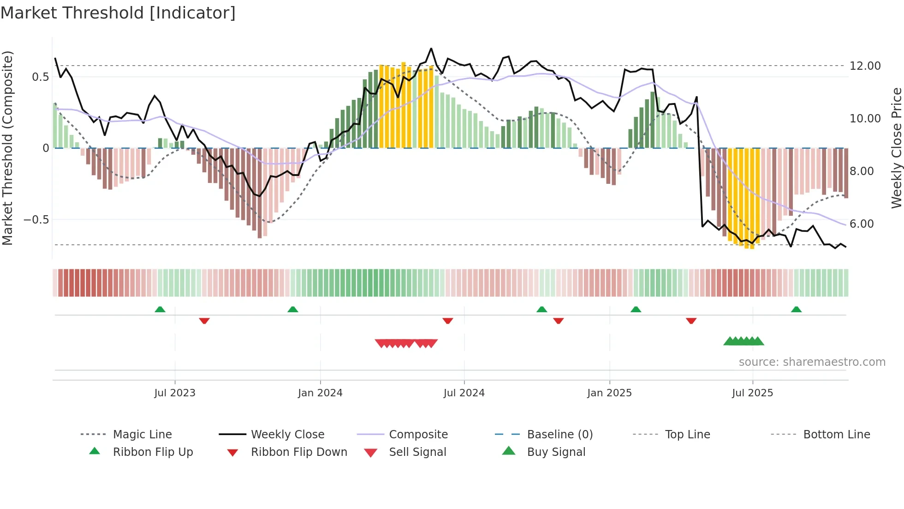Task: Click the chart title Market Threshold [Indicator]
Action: (x=118, y=13)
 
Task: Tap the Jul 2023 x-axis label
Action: (x=175, y=393)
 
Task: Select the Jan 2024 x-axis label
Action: (x=320, y=393)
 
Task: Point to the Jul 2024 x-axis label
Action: (x=464, y=393)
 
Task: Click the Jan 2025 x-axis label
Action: (x=609, y=393)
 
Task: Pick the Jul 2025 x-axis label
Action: (x=752, y=393)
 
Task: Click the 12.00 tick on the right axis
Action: (x=865, y=66)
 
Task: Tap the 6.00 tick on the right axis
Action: (x=862, y=224)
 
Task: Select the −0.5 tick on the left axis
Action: (x=36, y=220)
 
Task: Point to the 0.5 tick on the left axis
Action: (x=41, y=77)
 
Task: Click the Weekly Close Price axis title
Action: (x=896, y=148)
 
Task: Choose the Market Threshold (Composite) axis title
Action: (x=7, y=148)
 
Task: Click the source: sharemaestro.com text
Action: (x=812, y=362)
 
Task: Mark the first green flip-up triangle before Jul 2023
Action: (x=160, y=309)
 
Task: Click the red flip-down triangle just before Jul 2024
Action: (x=447, y=321)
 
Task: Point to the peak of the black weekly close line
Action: (x=431, y=48)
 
